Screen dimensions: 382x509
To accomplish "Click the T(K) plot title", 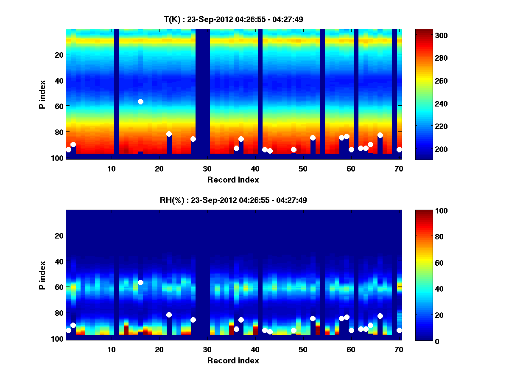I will click(233, 19).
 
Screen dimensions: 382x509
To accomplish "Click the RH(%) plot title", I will click(233, 200).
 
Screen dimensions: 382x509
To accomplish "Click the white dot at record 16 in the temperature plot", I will click(140, 101).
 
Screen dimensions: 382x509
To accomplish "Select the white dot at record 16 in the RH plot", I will click(140, 282).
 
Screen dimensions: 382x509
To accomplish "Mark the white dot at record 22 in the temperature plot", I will click(169, 134).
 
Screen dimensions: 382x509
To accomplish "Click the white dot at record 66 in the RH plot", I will click(380, 316).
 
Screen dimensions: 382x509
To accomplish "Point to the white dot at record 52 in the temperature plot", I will click(313, 138).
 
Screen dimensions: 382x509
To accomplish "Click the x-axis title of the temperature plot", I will click(233, 180).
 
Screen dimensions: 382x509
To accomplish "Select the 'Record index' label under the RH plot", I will click(233, 360).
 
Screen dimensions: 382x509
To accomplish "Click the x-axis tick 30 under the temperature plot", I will click(207, 169).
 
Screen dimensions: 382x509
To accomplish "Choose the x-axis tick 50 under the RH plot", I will click(303, 349).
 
